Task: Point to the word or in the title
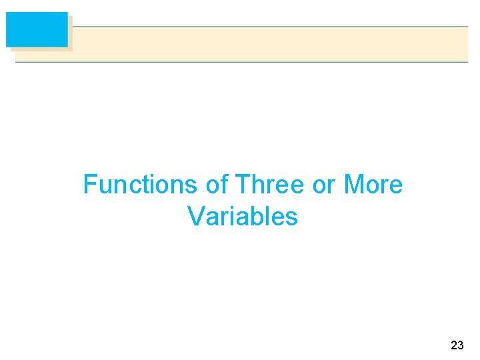323,185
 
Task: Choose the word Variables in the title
243,216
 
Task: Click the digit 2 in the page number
454,345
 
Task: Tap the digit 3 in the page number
461,345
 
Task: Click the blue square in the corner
37,29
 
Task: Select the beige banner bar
267,44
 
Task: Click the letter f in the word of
225,185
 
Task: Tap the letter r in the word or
331,185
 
